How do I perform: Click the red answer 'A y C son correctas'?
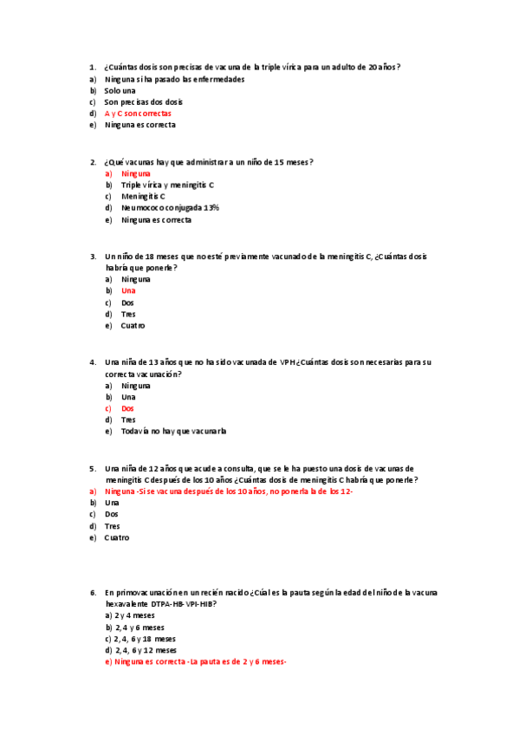click(x=138, y=114)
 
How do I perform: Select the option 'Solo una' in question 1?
click(x=120, y=90)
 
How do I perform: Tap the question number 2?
click(x=93, y=162)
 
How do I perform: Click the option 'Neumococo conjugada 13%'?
click(x=170, y=208)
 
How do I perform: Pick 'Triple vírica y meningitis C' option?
click(x=167, y=185)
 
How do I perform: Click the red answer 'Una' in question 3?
click(x=128, y=291)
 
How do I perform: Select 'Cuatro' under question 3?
click(x=133, y=326)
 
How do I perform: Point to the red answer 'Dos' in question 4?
click(x=127, y=408)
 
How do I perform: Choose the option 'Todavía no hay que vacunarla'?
click(x=173, y=431)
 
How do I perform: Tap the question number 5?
click(x=93, y=469)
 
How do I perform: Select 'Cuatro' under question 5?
click(x=116, y=537)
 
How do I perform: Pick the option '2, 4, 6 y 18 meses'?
click(x=145, y=639)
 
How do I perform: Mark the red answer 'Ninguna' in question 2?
click(x=135, y=173)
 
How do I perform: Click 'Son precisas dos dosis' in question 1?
click(x=143, y=102)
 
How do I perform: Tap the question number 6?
click(x=93, y=593)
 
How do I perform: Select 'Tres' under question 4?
click(x=128, y=420)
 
